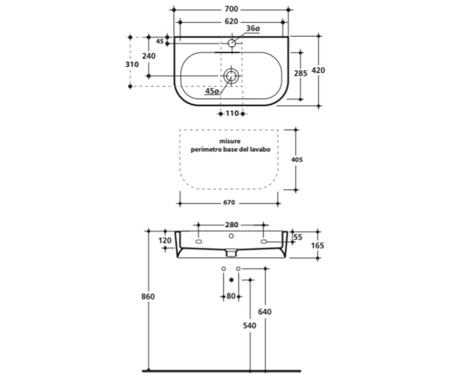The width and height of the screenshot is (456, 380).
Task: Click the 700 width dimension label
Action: pyautogui.click(x=231, y=9)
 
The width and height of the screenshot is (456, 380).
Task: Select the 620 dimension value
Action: pyautogui.click(x=231, y=21)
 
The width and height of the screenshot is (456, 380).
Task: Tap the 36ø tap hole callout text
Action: pyautogui.click(x=253, y=28)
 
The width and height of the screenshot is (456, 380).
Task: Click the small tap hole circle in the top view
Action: pyautogui.click(x=232, y=43)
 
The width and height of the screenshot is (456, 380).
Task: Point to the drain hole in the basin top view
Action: pyautogui.click(x=230, y=76)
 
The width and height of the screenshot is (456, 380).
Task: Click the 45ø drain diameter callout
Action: pyautogui.click(x=212, y=91)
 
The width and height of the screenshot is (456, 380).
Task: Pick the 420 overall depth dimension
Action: pyautogui.click(x=318, y=70)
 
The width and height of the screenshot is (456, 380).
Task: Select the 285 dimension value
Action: pyautogui.click(x=301, y=73)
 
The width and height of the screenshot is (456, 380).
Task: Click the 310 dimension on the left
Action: pyautogui.click(x=132, y=65)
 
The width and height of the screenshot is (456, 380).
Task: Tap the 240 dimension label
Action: pyautogui.click(x=149, y=56)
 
